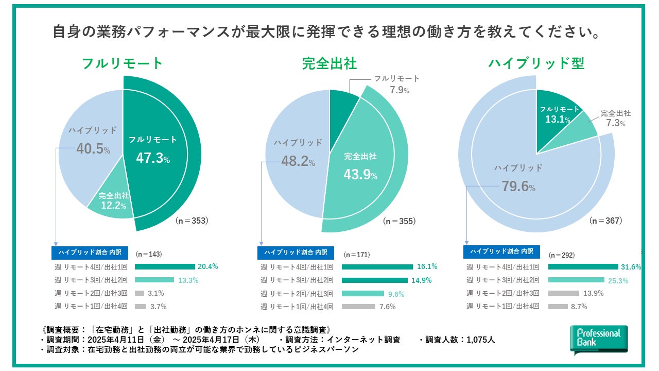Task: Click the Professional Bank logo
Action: click(x=599, y=340)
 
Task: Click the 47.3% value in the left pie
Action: click(x=153, y=158)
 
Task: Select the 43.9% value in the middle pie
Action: click(x=360, y=175)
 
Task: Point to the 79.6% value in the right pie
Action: click(x=518, y=186)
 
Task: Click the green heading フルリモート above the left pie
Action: click(x=123, y=63)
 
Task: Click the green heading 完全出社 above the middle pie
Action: click(x=329, y=63)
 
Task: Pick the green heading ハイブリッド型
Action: click(x=536, y=63)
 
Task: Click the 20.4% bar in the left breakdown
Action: click(x=165, y=267)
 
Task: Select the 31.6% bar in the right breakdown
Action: click(x=583, y=267)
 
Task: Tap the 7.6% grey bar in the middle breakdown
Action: click(x=358, y=307)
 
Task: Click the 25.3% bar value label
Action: click(x=618, y=280)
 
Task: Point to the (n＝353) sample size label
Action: click(x=192, y=221)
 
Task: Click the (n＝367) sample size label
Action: click(x=606, y=221)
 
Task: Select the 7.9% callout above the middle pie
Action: click(x=399, y=90)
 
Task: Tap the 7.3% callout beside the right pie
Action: click(x=615, y=124)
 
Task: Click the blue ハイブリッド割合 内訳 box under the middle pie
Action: click(x=296, y=252)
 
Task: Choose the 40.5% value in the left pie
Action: click(x=93, y=149)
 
